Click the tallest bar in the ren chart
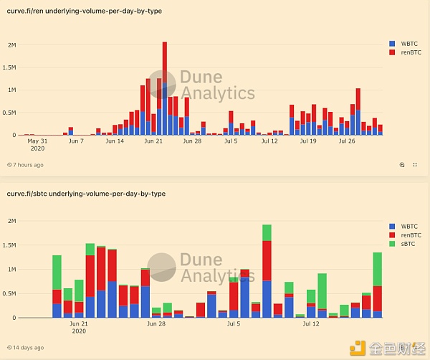(x=165, y=88)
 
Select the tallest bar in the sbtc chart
(x=267, y=271)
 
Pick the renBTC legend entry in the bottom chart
(x=405, y=235)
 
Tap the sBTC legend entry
(x=402, y=244)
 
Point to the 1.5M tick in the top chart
(x=9, y=67)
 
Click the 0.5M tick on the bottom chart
(x=9, y=293)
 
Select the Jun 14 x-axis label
(x=115, y=141)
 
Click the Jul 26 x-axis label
(x=347, y=141)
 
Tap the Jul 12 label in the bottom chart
(x=311, y=323)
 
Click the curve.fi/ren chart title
(x=84, y=11)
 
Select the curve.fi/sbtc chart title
(x=86, y=194)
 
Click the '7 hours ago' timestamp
(x=25, y=165)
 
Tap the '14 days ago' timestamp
(x=25, y=348)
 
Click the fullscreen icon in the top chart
(x=415, y=165)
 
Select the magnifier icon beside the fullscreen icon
(x=402, y=165)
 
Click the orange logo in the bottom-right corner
(x=358, y=348)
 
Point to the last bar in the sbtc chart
(x=378, y=285)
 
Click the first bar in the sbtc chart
(x=57, y=286)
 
